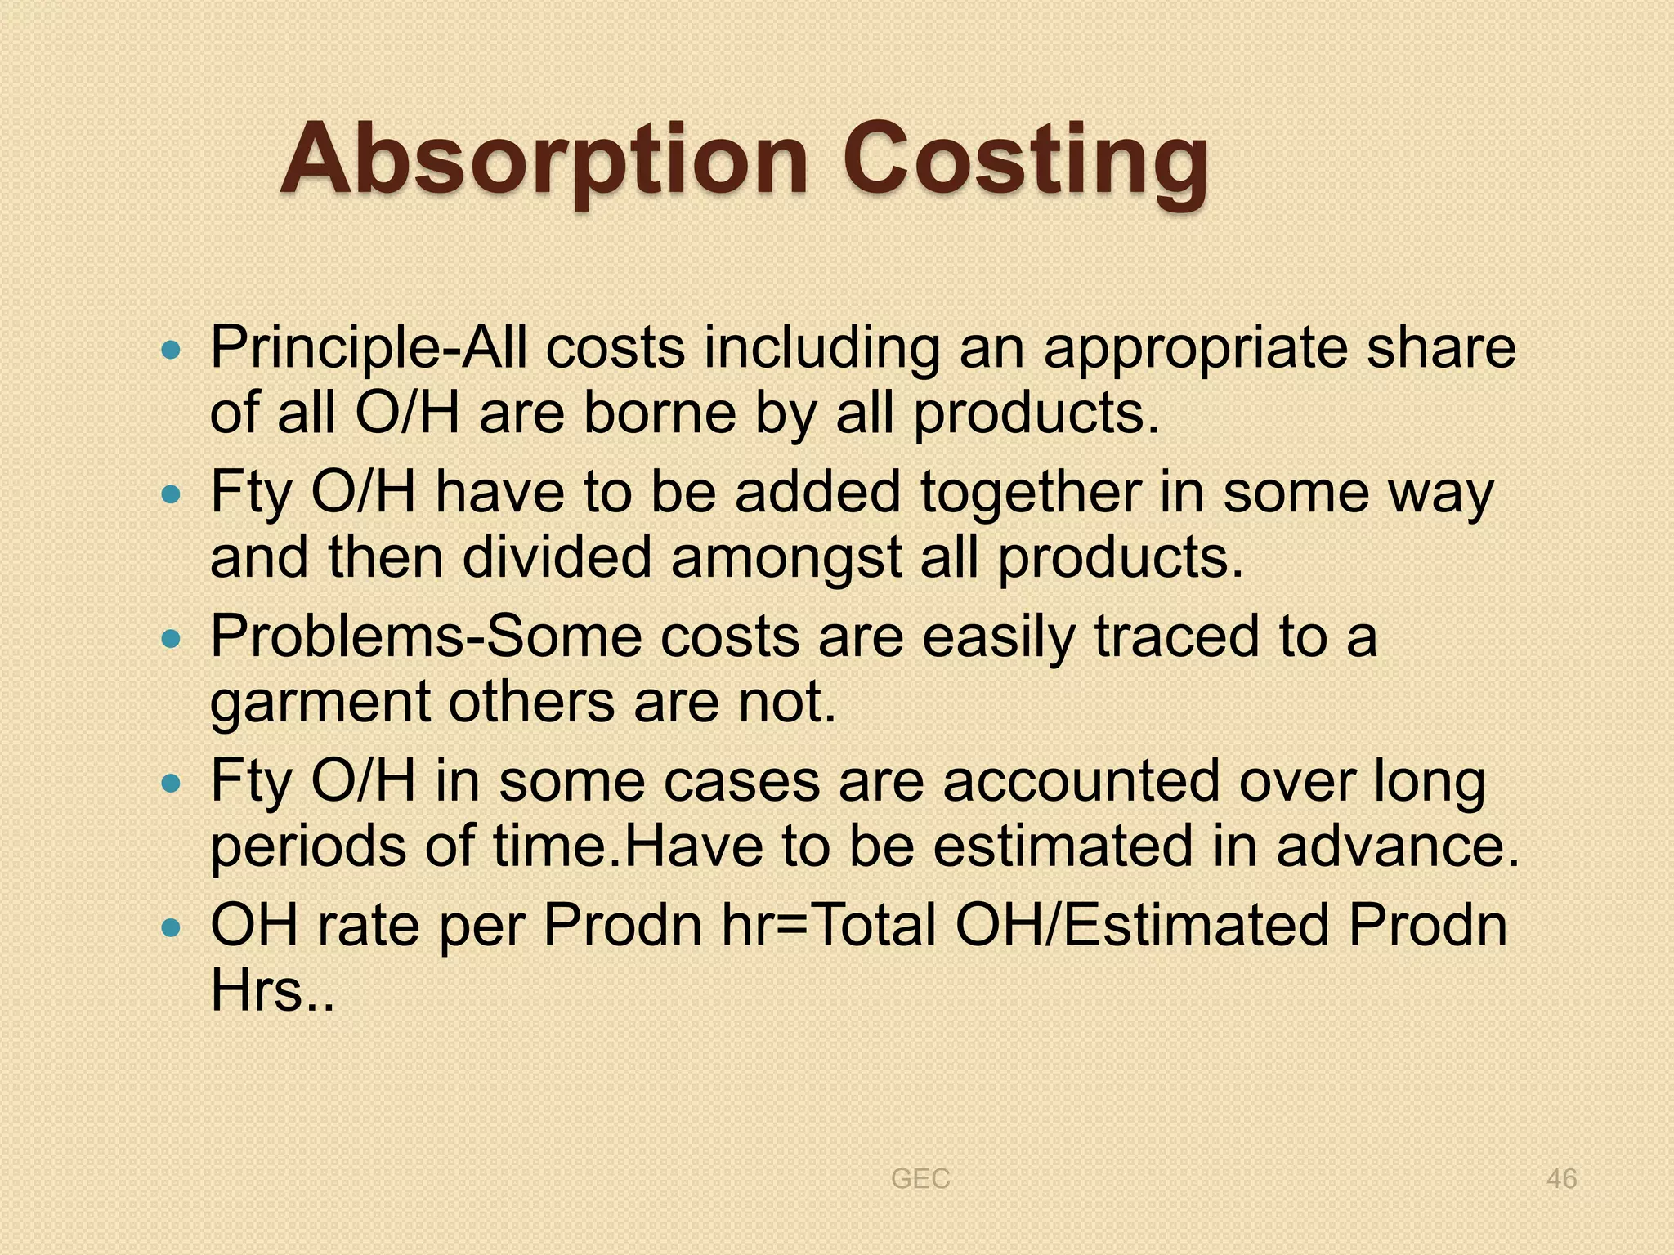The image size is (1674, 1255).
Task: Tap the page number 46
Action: (x=1561, y=1179)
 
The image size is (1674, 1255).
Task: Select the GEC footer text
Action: (x=920, y=1179)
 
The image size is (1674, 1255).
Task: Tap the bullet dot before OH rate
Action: (x=170, y=929)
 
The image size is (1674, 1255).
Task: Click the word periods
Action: (x=307, y=847)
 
